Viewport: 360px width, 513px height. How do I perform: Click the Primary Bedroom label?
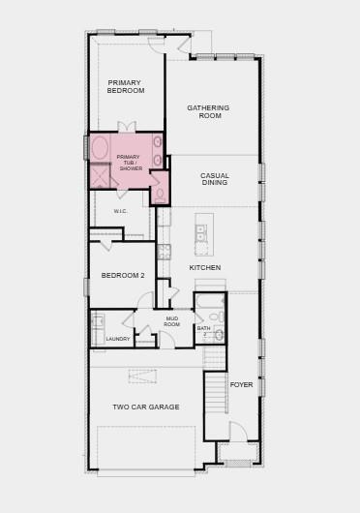(x=126, y=86)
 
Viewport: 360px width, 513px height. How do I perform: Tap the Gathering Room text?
(x=209, y=111)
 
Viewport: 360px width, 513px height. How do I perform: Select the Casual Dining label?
(x=215, y=179)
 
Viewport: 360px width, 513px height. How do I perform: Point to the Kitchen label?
(x=205, y=267)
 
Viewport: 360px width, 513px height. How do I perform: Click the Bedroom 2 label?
(x=123, y=275)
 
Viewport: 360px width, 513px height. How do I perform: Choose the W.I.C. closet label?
(x=121, y=211)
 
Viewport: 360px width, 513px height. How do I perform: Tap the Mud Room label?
(x=172, y=321)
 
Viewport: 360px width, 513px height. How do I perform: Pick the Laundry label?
(x=118, y=339)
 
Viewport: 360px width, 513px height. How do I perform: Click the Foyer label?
(x=241, y=384)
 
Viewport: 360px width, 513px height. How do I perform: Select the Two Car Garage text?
(x=146, y=407)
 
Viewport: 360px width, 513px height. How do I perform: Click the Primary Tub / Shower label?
(x=129, y=163)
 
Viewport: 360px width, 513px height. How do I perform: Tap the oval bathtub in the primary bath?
(x=101, y=148)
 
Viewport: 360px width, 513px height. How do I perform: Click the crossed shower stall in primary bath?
(x=100, y=177)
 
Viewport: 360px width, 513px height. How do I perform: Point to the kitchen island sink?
(x=201, y=233)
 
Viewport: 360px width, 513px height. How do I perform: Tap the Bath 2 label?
(x=204, y=330)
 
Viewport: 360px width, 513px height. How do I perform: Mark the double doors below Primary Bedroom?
(x=126, y=127)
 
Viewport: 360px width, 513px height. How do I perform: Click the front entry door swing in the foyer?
(x=238, y=432)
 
